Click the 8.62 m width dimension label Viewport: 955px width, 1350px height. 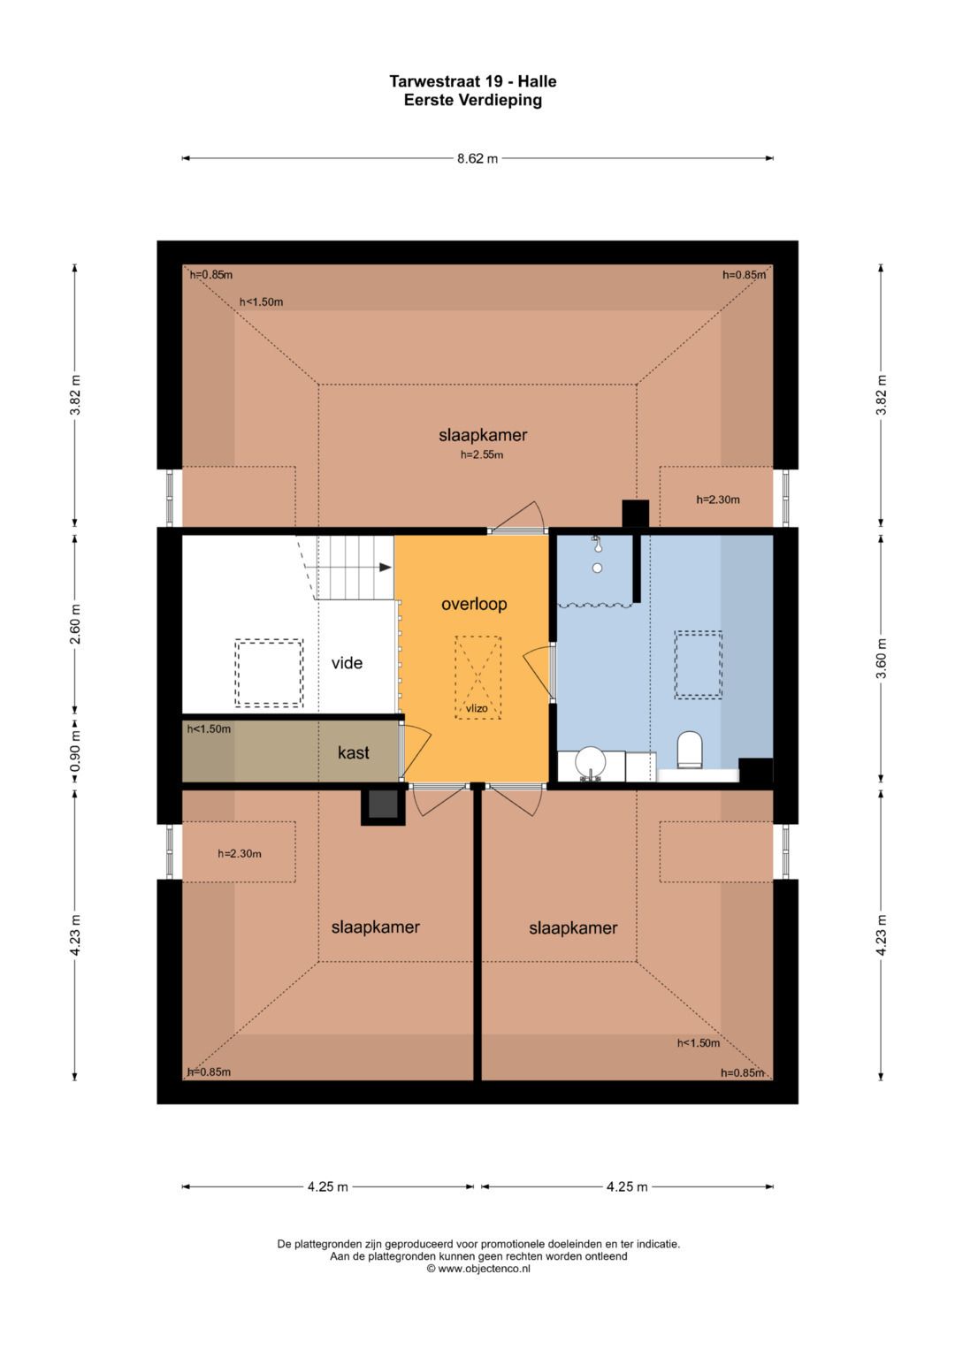(477, 158)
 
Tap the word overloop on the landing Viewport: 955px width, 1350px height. (474, 604)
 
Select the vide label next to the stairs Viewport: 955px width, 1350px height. (347, 663)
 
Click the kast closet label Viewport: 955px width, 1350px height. (354, 752)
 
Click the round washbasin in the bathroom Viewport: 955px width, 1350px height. (591, 762)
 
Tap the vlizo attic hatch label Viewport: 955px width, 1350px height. (477, 708)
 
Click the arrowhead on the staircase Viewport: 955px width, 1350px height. (386, 567)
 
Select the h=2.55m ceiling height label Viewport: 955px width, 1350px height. (482, 455)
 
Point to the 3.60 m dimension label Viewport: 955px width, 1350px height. (882, 658)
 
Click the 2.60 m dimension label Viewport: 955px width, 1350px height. (75, 623)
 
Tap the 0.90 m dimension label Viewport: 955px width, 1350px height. (75, 752)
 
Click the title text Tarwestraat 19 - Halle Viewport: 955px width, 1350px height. (473, 81)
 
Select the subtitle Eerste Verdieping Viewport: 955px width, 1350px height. (473, 100)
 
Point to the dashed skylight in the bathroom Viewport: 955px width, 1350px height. (699, 665)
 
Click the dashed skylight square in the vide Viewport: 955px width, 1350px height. (269, 673)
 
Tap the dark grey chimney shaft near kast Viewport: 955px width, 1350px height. (383, 807)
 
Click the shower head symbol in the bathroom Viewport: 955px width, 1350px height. (596, 543)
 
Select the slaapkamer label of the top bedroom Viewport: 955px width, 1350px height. (482, 435)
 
